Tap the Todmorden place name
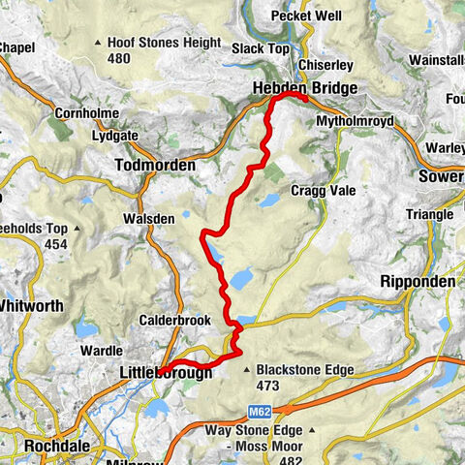coord(155,166)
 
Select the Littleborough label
coord(165,371)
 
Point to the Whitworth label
coord(31,306)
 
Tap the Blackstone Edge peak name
coord(305,369)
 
